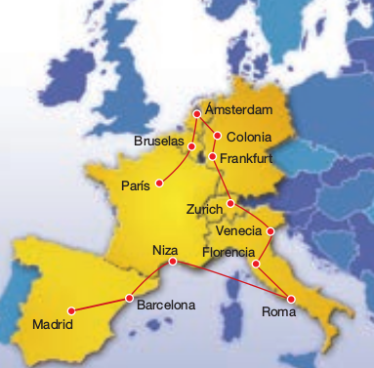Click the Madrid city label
coord(53,323)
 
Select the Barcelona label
coord(166,305)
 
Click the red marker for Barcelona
coord(129,298)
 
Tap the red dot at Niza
coord(173,262)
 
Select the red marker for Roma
coord(291,298)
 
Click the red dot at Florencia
coord(256,264)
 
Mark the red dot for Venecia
coord(270,232)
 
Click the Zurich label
coord(205,210)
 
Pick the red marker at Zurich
coord(230,203)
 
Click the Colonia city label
coord(249,136)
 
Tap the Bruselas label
coord(158,142)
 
